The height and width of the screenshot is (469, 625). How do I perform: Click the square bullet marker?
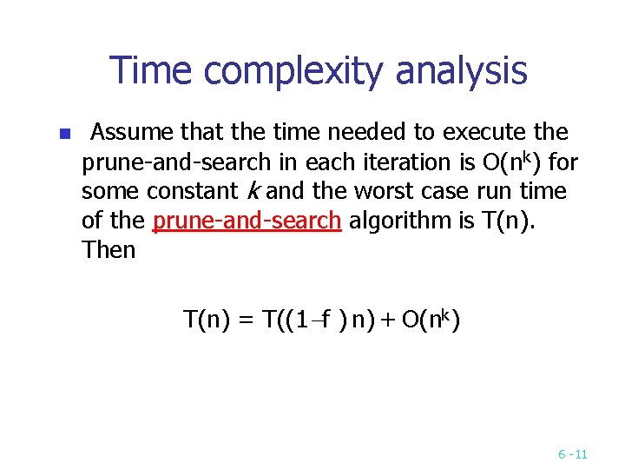[x=62, y=135]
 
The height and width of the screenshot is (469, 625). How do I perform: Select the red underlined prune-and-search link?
[x=247, y=221]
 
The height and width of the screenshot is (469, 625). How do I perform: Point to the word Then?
[x=109, y=251]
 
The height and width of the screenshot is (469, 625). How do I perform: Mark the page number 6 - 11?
[x=572, y=454]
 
